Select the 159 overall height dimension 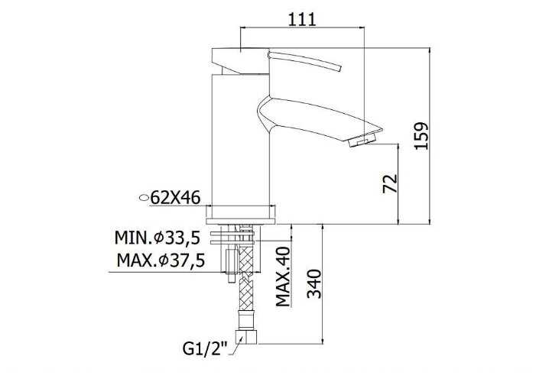(421, 136)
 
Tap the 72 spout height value (391, 183)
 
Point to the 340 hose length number (314, 284)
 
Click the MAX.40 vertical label (283, 277)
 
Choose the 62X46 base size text (175, 197)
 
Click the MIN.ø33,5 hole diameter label (158, 238)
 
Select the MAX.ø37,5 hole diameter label (161, 261)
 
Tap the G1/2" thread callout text (205, 348)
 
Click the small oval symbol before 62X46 (145, 198)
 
